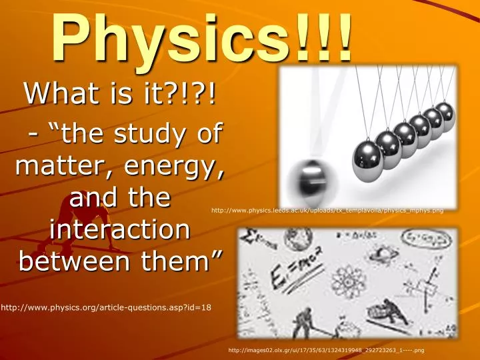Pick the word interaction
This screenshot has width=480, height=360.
click(x=119, y=230)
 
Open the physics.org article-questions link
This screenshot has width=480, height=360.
click(x=106, y=307)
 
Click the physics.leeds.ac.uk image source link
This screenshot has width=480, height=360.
click(x=327, y=210)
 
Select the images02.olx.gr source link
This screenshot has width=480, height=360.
click(x=327, y=349)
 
